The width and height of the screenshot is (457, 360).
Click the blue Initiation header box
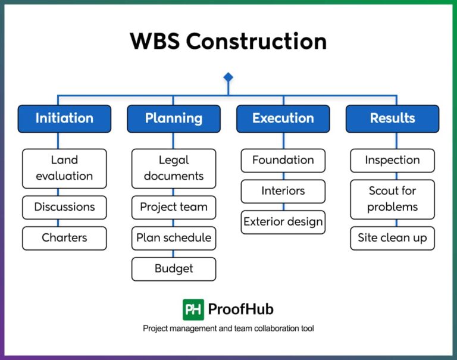64,118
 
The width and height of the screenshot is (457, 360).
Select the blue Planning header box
174,118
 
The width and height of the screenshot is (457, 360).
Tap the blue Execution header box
283,118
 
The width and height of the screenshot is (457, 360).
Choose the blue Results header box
392,118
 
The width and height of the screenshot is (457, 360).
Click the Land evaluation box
64,168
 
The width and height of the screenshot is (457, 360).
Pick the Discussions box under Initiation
64,207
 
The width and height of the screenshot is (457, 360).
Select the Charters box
64,238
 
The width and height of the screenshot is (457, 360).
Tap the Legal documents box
174,168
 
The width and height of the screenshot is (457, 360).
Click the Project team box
174,207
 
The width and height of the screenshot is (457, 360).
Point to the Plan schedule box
174,238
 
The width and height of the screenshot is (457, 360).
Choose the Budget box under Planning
174,269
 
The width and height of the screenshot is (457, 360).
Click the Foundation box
283,161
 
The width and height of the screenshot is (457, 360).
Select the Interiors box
283,192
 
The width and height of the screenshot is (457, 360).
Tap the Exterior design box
283,223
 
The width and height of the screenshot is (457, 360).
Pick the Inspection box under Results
392,161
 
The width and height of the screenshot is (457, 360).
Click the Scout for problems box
392,199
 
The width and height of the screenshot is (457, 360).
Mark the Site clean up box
392,238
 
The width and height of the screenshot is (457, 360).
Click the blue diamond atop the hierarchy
228,77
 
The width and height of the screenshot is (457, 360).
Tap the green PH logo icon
193,309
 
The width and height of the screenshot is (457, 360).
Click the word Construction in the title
256,42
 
